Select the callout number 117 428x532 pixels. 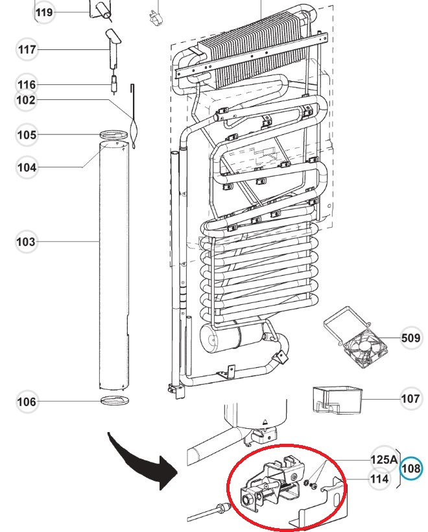click(27, 49)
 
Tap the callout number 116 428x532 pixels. click(27, 84)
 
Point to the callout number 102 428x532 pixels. click(27, 100)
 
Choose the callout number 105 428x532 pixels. click(27, 135)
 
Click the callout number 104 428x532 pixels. click(27, 167)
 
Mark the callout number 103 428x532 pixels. click(26, 242)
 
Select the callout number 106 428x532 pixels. click(27, 402)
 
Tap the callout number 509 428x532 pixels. click(410, 338)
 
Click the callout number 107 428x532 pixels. click(410, 398)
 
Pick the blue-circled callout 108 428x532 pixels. click(410, 468)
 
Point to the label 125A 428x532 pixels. click(384, 459)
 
